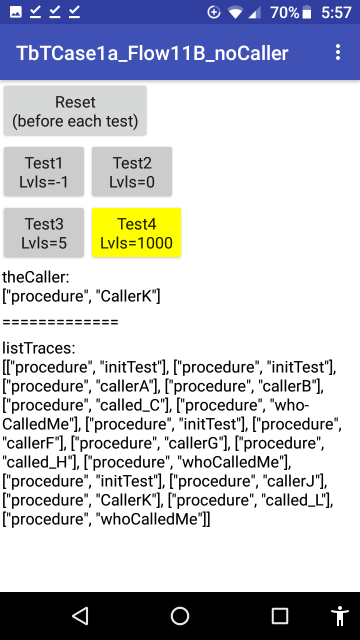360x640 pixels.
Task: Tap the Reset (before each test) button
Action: pyautogui.click(x=75, y=110)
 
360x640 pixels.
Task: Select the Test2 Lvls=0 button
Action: pyautogui.click(x=131, y=171)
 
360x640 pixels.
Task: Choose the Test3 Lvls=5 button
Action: pyautogui.click(x=44, y=232)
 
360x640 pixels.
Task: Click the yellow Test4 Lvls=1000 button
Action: pyautogui.click(x=136, y=232)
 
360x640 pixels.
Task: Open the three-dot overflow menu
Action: pyautogui.click(x=338, y=52)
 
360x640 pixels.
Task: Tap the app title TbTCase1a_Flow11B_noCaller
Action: pyautogui.click(x=152, y=53)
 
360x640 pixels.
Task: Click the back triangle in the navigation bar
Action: pyautogui.click(x=80, y=615)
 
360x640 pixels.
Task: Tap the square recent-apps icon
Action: pyautogui.click(x=279, y=615)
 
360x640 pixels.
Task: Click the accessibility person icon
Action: pyautogui.click(x=339, y=615)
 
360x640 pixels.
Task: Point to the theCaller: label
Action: pyautogui.click(x=35, y=277)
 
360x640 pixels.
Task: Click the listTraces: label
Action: pyautogui.click(x=39, y=348)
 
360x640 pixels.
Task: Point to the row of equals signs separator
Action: pyautogui.click(x=60, y=322)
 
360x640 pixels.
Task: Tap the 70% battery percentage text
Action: pyautogui.click(x=284, y=12)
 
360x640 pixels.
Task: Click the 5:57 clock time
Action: pyautogui.click(x=336, y=12)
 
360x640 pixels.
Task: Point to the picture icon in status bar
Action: pyautogui.click(x=15, y=12)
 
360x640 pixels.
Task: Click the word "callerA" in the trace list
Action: pyautogui.click(x=124, y=386)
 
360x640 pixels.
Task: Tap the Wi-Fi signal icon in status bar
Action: pyautogui.click(x=235, y=12)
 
